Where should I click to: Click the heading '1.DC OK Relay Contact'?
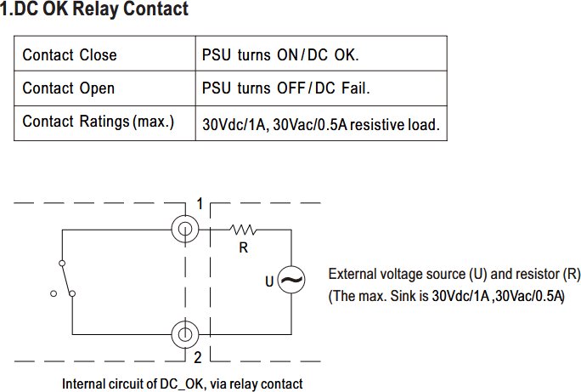tap(94, 9)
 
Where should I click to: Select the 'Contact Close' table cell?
tap(104, 54)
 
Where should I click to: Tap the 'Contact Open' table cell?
tap(104, 88)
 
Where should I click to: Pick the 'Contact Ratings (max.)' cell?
tap(104, 123)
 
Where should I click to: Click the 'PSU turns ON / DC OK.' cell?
tap(321, 54)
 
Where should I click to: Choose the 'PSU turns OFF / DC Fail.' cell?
tap(321, 88)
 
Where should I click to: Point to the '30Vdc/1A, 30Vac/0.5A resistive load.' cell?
tap(321, 123)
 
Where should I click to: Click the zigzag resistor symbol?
tap(243, 230)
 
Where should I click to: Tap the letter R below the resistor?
tap(244, 247)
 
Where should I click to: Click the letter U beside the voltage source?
tap(269, 281)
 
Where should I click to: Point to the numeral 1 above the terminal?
tap(200, 204)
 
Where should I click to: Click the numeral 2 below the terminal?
tap(198, 357)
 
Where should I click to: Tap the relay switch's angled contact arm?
tap(67, 279)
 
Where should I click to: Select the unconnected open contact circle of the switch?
tap(54, 293)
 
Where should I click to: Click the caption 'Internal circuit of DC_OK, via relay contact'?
tap(183, 383)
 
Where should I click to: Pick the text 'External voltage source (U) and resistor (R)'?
tap(454, 274)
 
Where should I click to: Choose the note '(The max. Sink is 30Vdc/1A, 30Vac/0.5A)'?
tap(447, 296)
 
